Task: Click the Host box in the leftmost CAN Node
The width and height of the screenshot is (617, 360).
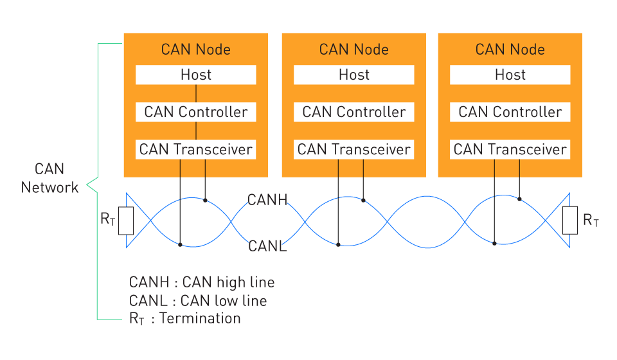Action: [195, 75]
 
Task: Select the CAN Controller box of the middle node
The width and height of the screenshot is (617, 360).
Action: [353, 112]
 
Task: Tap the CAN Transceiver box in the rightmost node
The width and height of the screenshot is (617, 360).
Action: [510, 150]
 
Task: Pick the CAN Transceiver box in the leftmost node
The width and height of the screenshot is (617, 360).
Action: [195, 150]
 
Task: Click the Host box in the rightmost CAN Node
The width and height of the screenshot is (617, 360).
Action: [510, 75]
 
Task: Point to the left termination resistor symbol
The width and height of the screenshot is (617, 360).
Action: [126, 221]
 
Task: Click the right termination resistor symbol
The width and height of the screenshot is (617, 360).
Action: [570, 221]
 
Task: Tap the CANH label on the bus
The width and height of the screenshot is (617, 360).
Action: [267, 200]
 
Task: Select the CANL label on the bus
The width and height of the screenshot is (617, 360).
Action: [267, 246]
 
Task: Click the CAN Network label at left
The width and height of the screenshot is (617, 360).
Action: [49, 178]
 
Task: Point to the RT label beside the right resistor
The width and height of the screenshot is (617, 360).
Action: [591, 221]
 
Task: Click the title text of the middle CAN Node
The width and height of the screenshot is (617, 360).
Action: [353, 50]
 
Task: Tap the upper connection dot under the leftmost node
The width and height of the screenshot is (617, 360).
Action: [205, 201]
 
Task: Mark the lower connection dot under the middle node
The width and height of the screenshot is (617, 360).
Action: [338, 245]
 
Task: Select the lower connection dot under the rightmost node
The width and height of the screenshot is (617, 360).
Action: [494, 244]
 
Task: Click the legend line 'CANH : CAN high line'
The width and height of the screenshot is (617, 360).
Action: [201, 282]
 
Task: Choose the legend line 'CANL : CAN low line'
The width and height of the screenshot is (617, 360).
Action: [198, 301]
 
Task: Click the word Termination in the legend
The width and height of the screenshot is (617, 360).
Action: [200, 318]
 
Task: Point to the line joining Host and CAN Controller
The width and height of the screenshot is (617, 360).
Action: [196, 93]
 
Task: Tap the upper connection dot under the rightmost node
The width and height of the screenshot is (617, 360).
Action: [519, 199]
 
